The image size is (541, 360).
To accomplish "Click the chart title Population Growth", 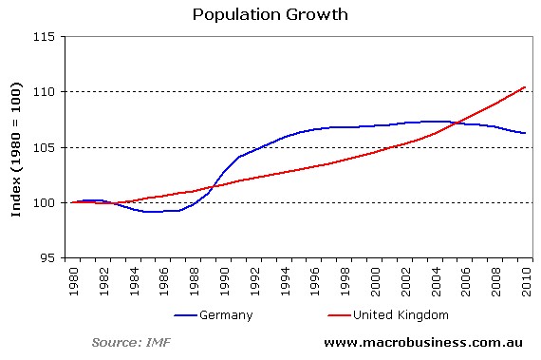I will (270, 14).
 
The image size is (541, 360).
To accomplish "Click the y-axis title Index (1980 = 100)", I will (16, 147).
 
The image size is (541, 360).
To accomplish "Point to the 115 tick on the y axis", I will (47, 36).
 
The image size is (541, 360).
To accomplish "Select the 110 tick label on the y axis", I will (47, 92).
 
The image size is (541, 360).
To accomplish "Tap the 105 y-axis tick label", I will (47, 147).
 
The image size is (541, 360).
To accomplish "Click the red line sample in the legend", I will (340, 314).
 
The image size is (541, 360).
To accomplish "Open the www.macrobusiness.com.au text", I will (425, 341).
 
